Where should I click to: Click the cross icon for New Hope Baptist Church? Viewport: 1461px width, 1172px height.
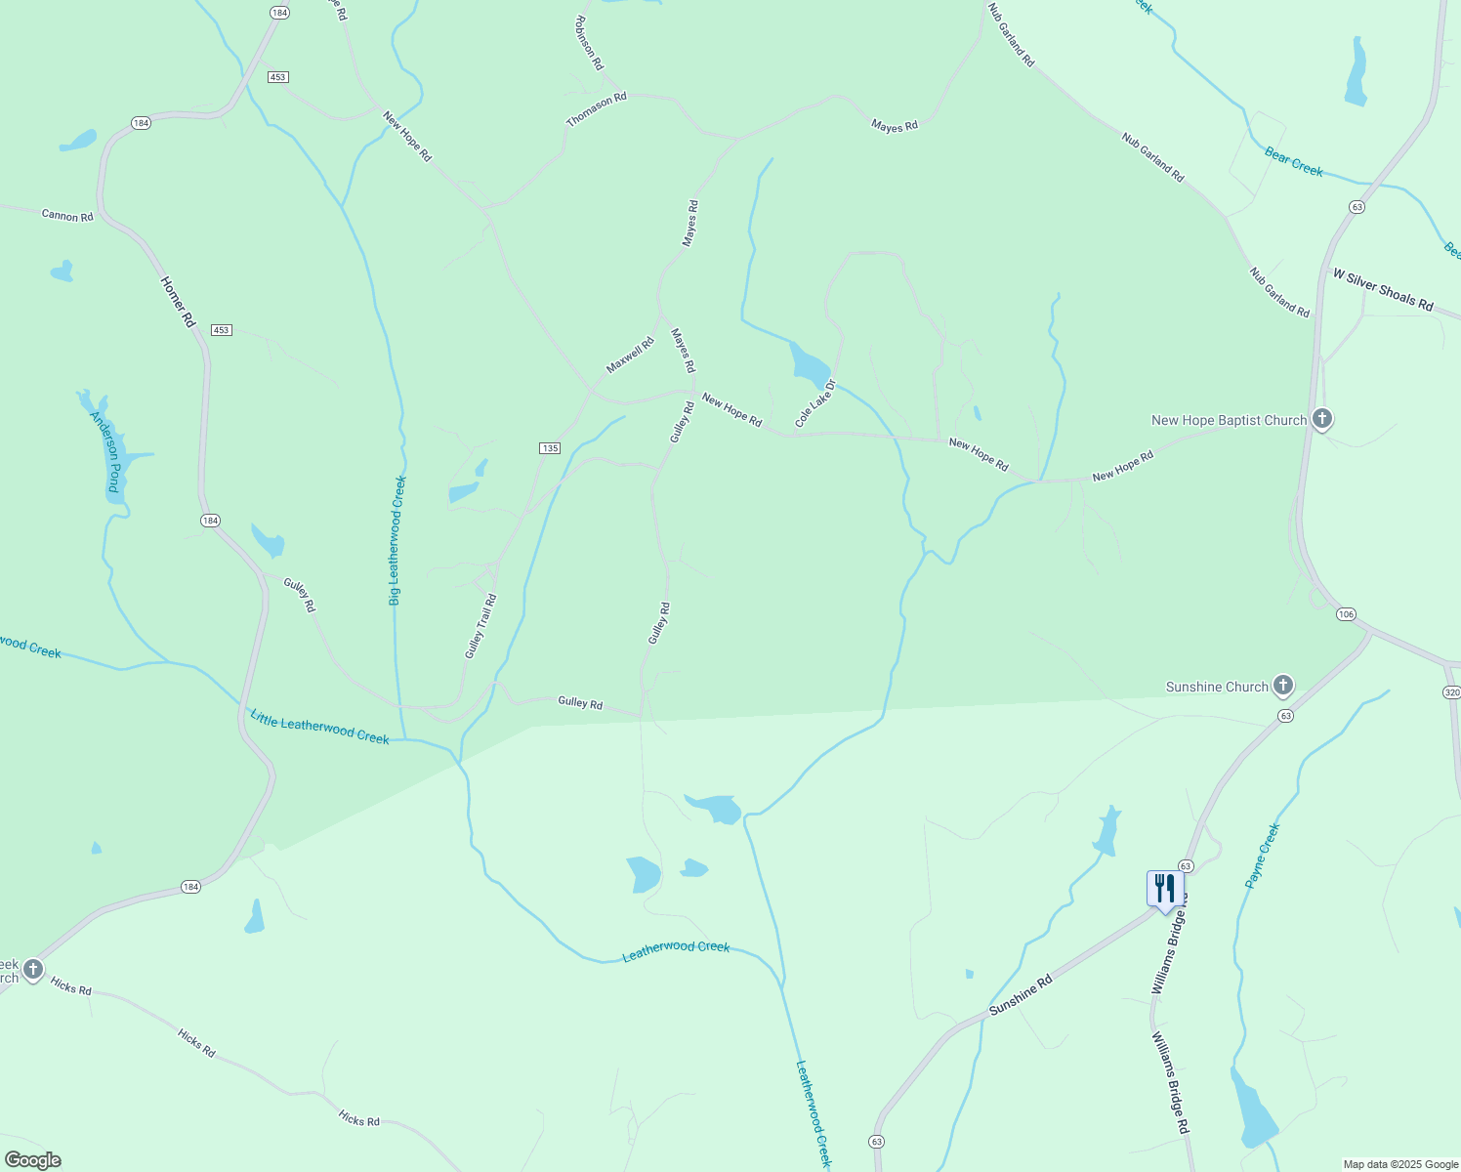(1321, 419)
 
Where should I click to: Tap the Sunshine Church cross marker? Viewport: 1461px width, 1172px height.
(1283, 686)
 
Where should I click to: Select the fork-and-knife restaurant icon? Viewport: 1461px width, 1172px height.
(1163, 889)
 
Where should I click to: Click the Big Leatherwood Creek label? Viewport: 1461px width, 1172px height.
(396, 540)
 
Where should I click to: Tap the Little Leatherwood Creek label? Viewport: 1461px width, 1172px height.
(319, 728)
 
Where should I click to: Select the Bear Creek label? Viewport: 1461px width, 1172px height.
(1293, 161)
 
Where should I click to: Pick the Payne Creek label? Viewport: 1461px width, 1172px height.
(1262, 856)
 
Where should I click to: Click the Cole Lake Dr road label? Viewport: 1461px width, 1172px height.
(816, 403)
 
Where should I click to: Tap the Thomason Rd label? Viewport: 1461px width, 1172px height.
(596, 110)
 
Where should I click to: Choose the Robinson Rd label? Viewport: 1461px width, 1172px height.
(589, 43)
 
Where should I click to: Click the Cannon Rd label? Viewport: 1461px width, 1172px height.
(67, 215)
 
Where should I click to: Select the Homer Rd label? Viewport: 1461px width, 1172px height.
(178, 302)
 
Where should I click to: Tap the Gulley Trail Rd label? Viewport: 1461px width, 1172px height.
(480, 626)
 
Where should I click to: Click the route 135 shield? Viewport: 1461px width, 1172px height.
(550, 448)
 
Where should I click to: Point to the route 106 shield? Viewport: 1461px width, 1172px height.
(1347, 614)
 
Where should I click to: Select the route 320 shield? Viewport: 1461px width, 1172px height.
(1451, 692)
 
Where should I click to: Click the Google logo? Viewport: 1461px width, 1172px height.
(32, 1160)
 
